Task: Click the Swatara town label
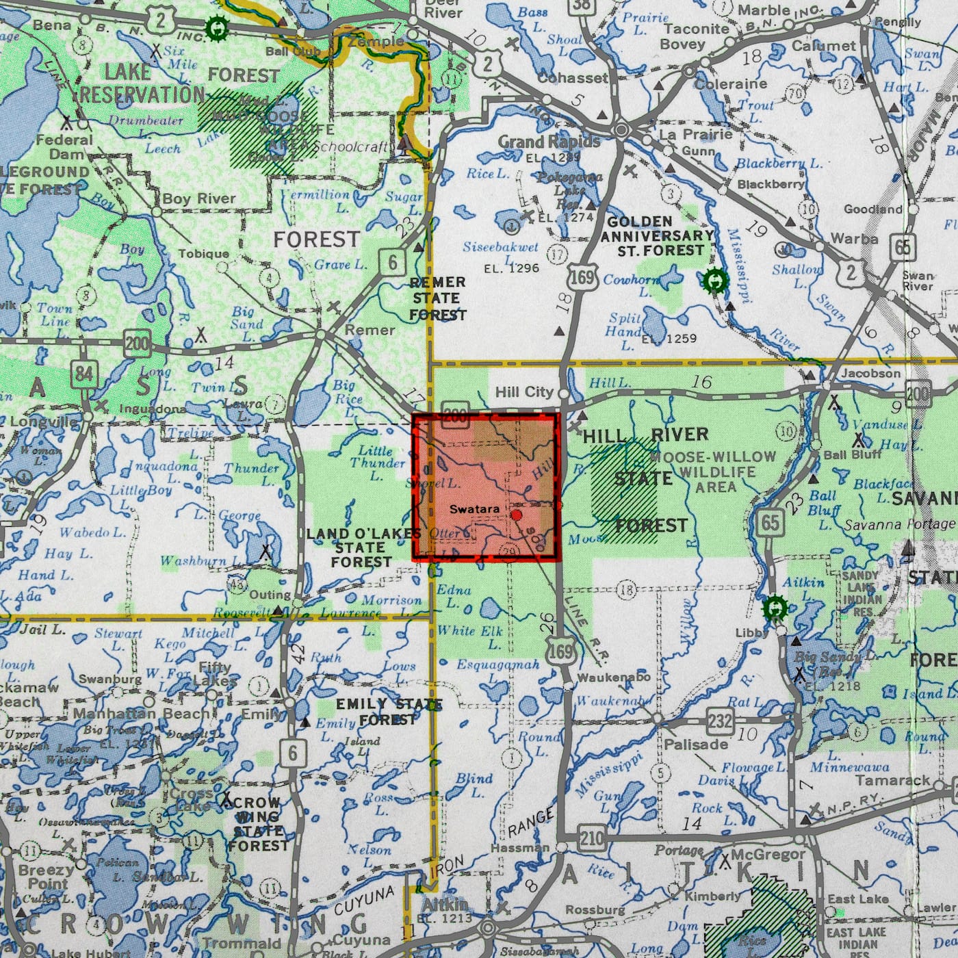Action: click(474, 510)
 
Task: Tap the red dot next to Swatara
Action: click(517, 515)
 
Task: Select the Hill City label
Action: click(523, 392)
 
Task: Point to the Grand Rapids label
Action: click(549, 142)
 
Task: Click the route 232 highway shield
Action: click(720, 721)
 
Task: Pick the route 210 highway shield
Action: click(592, 836)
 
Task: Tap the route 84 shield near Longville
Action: click(84, 374)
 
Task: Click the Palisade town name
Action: click(696, 744)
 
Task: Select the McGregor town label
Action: click(768, 854)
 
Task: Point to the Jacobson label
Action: click(870, 374)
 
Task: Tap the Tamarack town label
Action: click(894, 780)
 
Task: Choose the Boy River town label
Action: click(198, 199)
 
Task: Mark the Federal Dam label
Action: click(64, 146)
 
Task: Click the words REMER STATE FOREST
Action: click(437, 298)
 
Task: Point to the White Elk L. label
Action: click(469, 636)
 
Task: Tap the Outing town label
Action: click(270, 595)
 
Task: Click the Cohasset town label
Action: click(573, 78)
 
